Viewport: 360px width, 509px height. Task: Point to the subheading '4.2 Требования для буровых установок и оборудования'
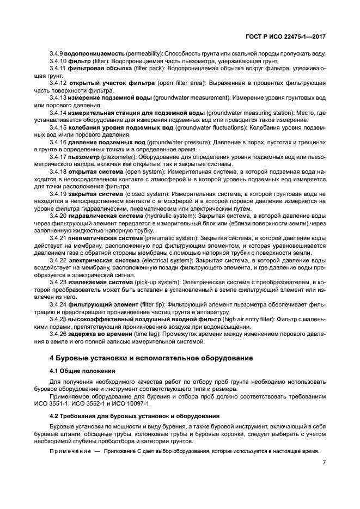click(135, 415)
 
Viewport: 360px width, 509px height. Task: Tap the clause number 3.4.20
click(57, 216)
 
